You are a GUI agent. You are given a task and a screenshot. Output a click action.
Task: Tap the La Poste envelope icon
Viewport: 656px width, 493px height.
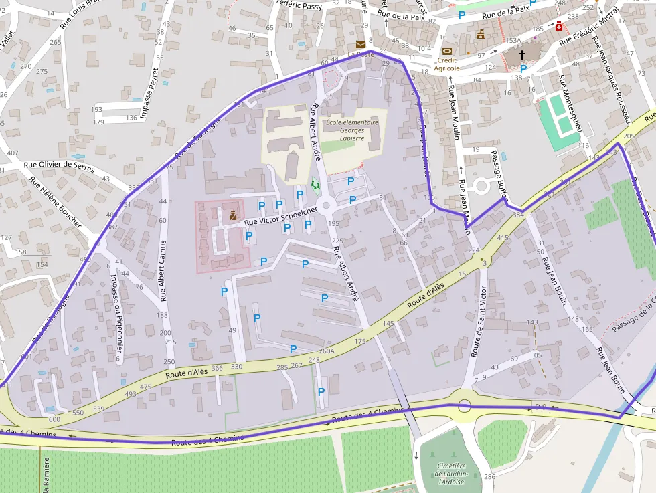click(361, 45)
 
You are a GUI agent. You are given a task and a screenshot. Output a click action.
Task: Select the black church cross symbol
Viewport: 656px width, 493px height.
click(523, 54)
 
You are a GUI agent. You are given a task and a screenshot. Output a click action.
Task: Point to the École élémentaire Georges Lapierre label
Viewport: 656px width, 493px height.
click(351, 130)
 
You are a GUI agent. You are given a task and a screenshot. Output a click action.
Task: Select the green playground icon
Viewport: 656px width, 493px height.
click(315, 184)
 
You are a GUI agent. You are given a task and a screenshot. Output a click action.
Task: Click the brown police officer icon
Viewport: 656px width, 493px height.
click(232, 215)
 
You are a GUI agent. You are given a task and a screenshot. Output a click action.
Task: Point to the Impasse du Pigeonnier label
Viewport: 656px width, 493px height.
click(117, 307)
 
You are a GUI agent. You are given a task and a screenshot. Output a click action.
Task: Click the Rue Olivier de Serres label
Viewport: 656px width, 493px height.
click(59, 166)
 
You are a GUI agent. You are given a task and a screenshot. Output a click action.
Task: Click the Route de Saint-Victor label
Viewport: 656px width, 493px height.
click(479, 321)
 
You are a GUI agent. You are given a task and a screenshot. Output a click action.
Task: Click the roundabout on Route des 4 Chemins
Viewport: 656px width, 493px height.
click(464, 405)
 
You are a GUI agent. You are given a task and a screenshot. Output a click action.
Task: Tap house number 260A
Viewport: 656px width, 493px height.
click(326, 351)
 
